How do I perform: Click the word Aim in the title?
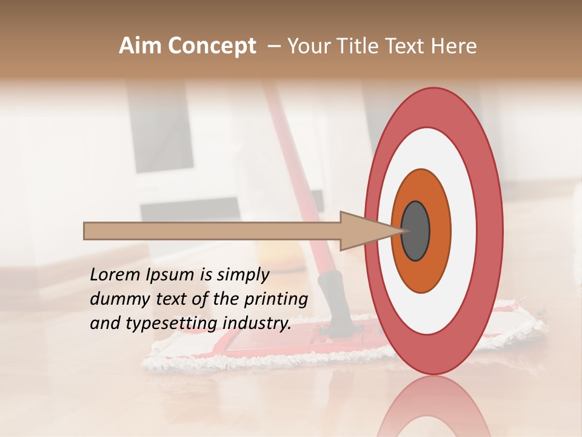pos(141,46)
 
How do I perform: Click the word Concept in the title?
pos(212,46)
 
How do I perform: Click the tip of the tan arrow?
pos(401,231)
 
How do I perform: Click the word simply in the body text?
pos(241,276)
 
